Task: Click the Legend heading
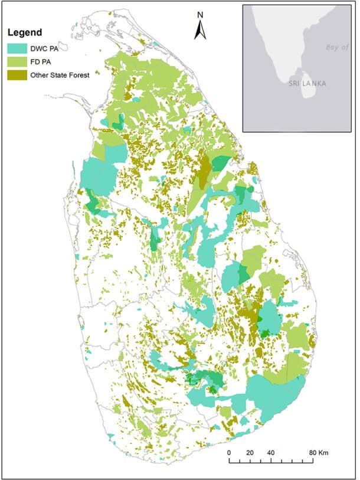(24, 32)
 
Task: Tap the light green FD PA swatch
(17, 61)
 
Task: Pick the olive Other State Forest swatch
(17, 75)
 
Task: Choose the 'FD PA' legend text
(41, 61)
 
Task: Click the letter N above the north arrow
(200, 15)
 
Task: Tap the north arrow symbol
(200, 30)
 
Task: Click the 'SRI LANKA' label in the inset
(307, 84)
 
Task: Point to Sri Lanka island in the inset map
(307, 90)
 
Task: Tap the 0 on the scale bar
(229, 453)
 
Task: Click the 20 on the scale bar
(250, 453)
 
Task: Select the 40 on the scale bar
(271, 453)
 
